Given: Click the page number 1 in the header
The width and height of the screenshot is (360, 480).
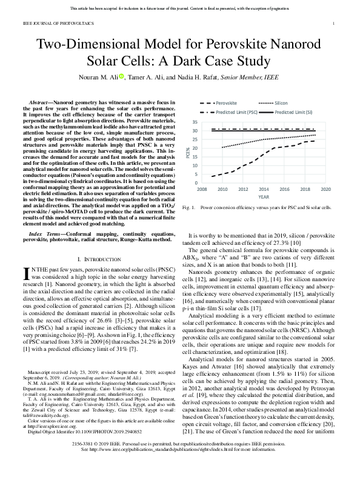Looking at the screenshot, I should [335, 24].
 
